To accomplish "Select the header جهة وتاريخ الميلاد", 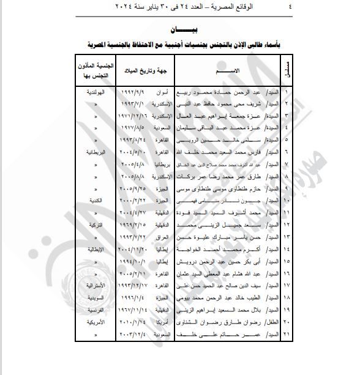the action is click(x=148, y=72).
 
